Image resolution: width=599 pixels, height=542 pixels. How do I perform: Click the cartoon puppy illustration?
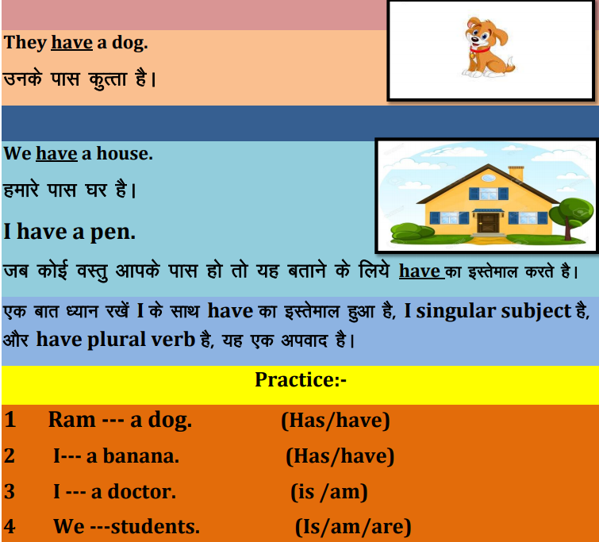pos(487,48)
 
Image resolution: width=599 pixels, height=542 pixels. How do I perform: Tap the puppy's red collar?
pos(479,50)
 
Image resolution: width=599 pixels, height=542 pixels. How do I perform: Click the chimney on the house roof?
pos(516,174)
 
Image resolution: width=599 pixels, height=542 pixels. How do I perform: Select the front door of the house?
pos(488,223)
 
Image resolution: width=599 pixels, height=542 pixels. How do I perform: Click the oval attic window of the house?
pos(488,178)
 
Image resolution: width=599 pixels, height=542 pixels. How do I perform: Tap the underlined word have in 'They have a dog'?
pos(72,42)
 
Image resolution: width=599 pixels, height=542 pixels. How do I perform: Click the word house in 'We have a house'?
pos(124,154)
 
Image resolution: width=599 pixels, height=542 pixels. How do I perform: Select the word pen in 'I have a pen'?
pos(113,233)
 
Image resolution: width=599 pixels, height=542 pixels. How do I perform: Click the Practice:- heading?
pos(301,379)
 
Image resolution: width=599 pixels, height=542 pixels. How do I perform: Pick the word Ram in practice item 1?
pos(72,420)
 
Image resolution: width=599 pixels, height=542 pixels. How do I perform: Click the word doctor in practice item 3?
pos(142,491)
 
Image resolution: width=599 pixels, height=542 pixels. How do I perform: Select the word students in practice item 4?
pos(155,526)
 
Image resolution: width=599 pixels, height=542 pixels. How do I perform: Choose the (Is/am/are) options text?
pos(353,527)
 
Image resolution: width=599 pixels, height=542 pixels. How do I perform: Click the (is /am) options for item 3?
pos(329,492)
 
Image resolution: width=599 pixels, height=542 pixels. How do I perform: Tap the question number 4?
pos(10,526)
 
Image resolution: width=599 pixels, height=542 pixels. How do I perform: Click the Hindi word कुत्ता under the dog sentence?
pos(107,79)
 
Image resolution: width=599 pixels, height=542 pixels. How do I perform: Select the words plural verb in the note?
pos(141,340)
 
